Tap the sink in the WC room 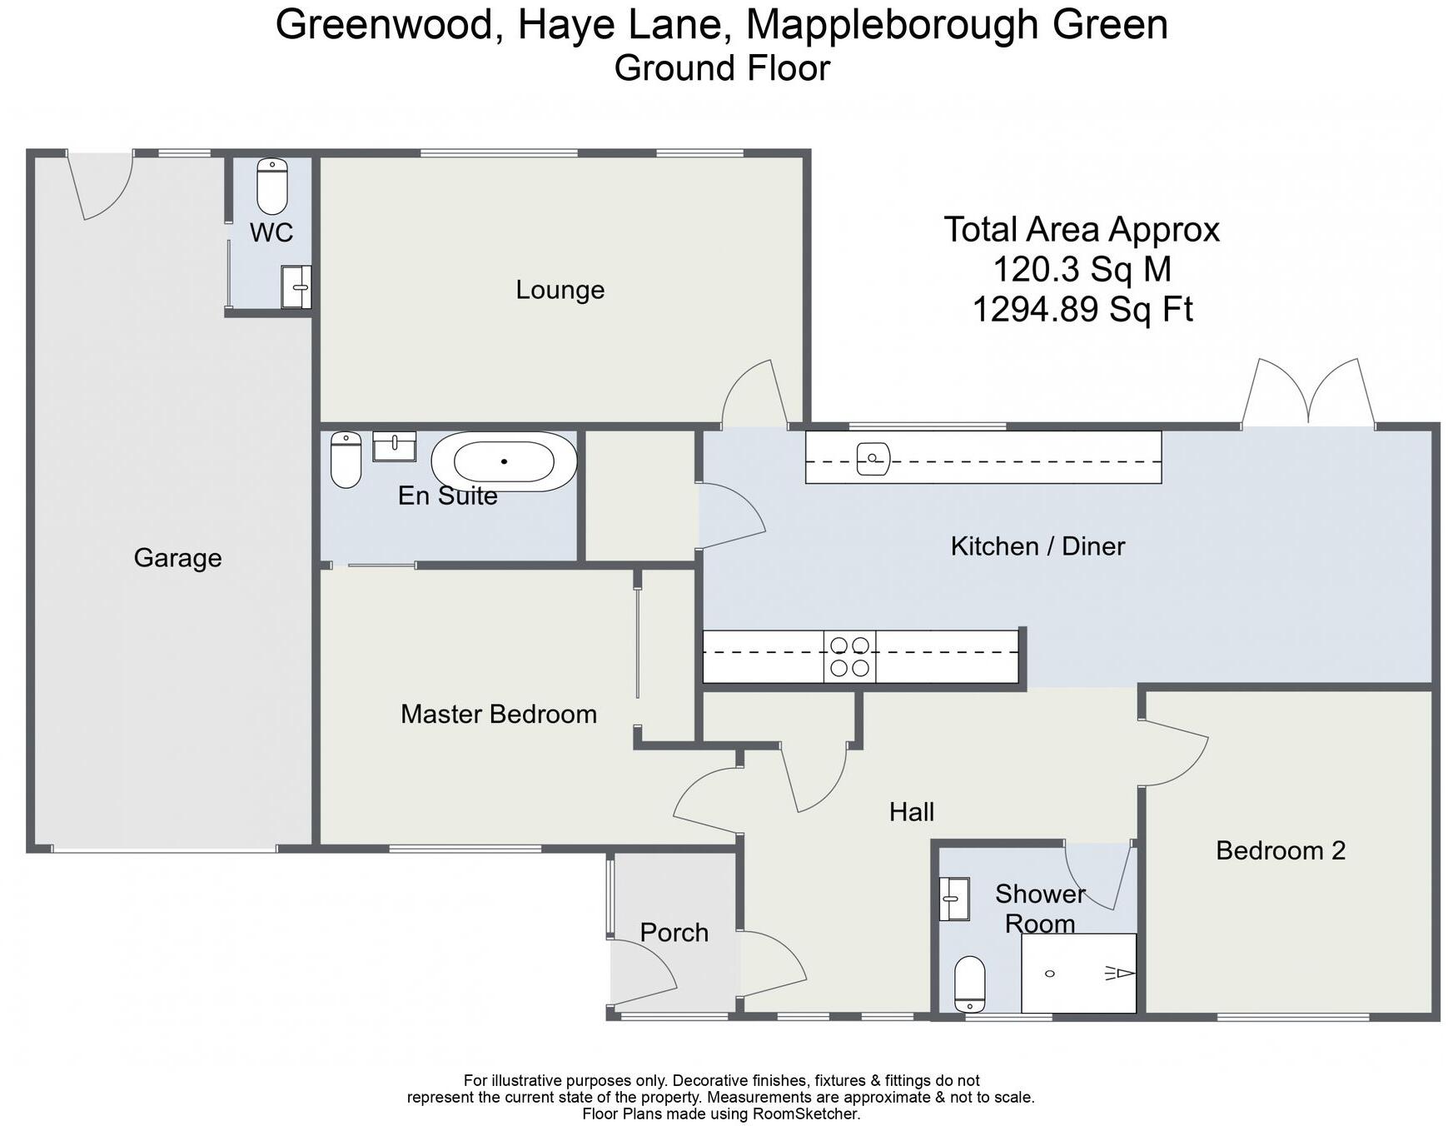tap(296, 286)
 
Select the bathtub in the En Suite tap(504, 461)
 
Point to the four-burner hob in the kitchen tap(849, 656)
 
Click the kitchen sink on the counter tap(873, 458)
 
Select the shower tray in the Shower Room tap(1078, 973)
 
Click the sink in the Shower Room tap(954, 899)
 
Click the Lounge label tap(560, 290)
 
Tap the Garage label tap(177, 557)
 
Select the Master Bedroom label tap(498, 714)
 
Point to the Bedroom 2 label tap(1280, 850)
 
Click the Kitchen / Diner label tap(1037, 546)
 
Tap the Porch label tap(674, 932)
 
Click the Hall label tap(911, 811)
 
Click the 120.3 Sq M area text tap(1082, 269)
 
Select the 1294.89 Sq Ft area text tap(1082, 309)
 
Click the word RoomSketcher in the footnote tap(805, 1114)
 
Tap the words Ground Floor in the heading tap(722, 68)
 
